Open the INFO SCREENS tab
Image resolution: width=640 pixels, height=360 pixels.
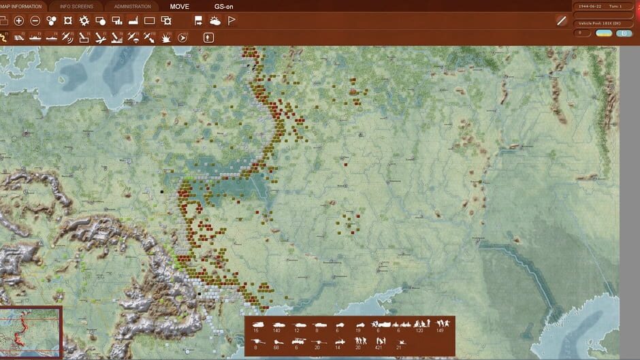click(76, 7)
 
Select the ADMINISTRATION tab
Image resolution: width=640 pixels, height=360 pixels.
click(132, 7)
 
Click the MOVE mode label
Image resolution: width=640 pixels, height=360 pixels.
click(180, 7)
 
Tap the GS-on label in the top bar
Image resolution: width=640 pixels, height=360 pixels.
click(224, 7)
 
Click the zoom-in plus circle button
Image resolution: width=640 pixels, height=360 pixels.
click(19, 21)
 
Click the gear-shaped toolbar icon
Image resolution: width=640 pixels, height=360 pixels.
click(84, 21)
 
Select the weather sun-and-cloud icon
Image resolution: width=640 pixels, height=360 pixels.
click(215, 21)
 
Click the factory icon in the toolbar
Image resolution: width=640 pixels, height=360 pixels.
click(133, 21)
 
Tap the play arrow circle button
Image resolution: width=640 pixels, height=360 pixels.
click(182, 38)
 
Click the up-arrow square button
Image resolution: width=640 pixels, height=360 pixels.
click(208, 38)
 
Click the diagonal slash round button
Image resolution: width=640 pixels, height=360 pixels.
click(562, 21)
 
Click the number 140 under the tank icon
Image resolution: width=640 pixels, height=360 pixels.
click(276, 331)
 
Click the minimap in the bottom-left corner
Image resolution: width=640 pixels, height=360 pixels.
click(31, 332)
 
